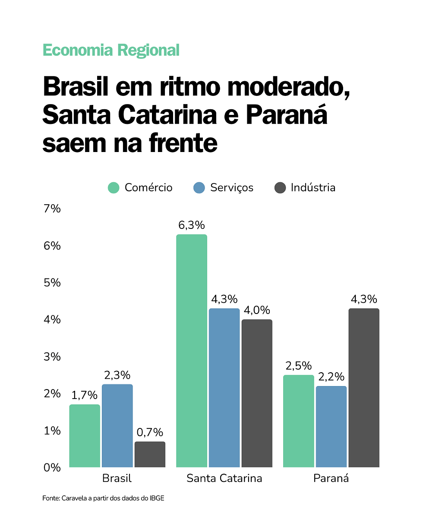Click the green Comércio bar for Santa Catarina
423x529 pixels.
192,351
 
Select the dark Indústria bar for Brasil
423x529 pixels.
150,454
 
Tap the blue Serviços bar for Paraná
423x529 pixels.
331,427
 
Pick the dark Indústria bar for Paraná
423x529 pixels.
364,388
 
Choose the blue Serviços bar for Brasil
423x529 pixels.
117,426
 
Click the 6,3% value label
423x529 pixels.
192,225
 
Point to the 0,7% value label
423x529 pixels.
150,432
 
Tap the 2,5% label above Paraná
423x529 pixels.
298,366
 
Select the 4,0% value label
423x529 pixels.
257,310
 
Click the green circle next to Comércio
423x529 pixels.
114,188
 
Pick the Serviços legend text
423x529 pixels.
232,188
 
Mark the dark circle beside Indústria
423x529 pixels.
280,188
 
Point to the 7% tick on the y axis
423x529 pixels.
52,209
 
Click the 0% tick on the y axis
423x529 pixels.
51,467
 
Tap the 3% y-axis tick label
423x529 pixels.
52,357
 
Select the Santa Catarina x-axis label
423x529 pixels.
224,478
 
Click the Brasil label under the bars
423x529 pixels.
117,478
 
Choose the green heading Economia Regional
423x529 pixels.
111,51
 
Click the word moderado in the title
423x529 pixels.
288,88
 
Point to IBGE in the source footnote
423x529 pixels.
157,498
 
